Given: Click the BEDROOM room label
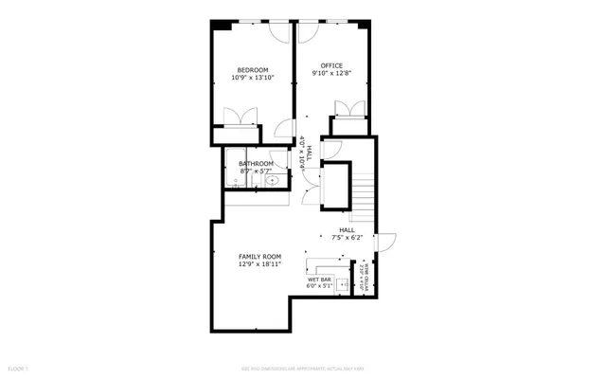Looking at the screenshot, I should point(253,70).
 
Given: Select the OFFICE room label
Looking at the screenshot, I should point(330,65).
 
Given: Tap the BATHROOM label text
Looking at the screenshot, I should point(255,164).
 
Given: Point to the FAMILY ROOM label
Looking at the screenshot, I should point(259,257).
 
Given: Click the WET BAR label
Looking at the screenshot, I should point(318,280).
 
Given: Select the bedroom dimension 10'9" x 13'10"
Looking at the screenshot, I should point(253,79).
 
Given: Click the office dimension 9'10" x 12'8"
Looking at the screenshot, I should point(330,74).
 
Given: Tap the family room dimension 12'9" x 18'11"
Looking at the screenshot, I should point(259,265).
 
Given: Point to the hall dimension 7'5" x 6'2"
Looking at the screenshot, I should point(347,237).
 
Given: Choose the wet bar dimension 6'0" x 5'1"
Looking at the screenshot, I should point(318,287).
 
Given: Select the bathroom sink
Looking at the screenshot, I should point(272,179).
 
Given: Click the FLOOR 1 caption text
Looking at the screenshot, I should point(18,366).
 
